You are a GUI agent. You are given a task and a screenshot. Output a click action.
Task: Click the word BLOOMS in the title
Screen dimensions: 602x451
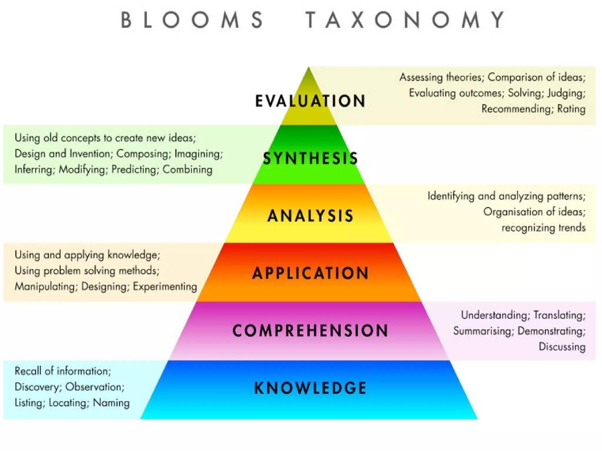(x=193, y=20)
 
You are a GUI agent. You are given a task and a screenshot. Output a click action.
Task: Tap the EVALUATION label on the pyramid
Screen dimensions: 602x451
(x=310, y=101)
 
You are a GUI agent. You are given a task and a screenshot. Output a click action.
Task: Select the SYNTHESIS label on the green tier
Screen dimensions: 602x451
(x=310, y=158)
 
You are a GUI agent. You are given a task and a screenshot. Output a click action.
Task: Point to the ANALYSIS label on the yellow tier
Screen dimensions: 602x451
(x=310, y=216)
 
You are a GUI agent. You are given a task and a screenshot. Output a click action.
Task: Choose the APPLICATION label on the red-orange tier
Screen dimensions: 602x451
(x=310, y=273)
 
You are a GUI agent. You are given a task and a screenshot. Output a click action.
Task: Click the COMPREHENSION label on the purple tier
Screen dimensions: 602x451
(x=310, y=330)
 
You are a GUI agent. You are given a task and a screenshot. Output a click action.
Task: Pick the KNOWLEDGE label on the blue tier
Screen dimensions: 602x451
(x=310, y=388)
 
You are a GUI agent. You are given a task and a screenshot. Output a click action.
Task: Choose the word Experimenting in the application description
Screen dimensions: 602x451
(x=165, y=286)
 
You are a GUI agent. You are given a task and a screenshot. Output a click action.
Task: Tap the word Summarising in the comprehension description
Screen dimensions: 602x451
(x=483, y=331)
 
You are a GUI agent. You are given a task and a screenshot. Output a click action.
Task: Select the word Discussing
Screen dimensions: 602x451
(x=562, y=347)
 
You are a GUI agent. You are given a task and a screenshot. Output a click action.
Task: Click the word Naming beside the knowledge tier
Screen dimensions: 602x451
(x=111, y=403)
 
